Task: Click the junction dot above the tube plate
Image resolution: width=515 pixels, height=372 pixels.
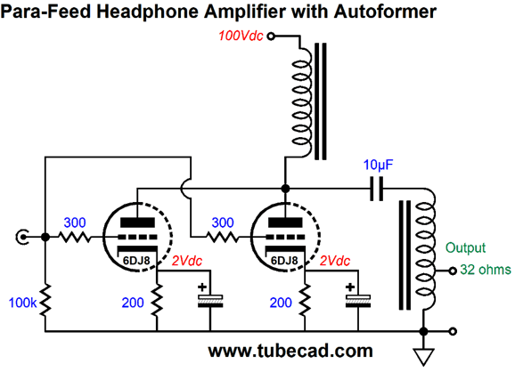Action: coord(285,189)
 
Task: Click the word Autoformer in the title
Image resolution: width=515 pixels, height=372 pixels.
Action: coord(380,12)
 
